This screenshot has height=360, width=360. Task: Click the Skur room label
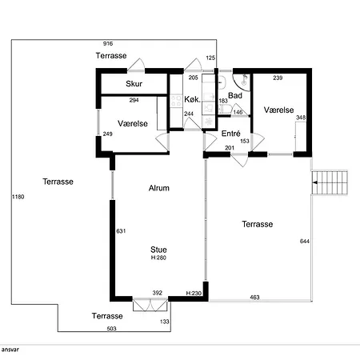(x=134, y=84)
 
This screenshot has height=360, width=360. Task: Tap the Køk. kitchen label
(x=192, y=99)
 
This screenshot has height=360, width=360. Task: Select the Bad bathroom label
(x=235, y=95)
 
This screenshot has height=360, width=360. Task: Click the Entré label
(x=231, y=134)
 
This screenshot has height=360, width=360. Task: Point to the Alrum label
(x=159, y=188)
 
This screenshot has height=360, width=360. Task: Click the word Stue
(x=158, y=250)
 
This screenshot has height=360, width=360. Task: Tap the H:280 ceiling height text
(x=158, y=258)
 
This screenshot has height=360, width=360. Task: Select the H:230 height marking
(x=194, y=294)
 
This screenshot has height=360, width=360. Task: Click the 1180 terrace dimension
(x=18, y=197)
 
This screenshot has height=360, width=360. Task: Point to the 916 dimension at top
(x=108, y=43)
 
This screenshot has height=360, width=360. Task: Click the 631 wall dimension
(x=121, y=231)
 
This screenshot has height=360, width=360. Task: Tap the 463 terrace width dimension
(x=254, y=298)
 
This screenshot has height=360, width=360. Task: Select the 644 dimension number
(x=305, y=242)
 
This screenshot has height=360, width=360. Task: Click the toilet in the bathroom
(x=224, y=109)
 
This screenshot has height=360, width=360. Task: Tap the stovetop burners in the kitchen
(x=176, y=101)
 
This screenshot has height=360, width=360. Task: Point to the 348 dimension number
(x=301, y=118)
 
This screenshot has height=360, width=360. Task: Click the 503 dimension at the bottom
(x=112, y=329)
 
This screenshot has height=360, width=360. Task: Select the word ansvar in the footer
(x=10, y=350)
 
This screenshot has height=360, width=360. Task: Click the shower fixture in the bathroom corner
(x=244, y=79)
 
